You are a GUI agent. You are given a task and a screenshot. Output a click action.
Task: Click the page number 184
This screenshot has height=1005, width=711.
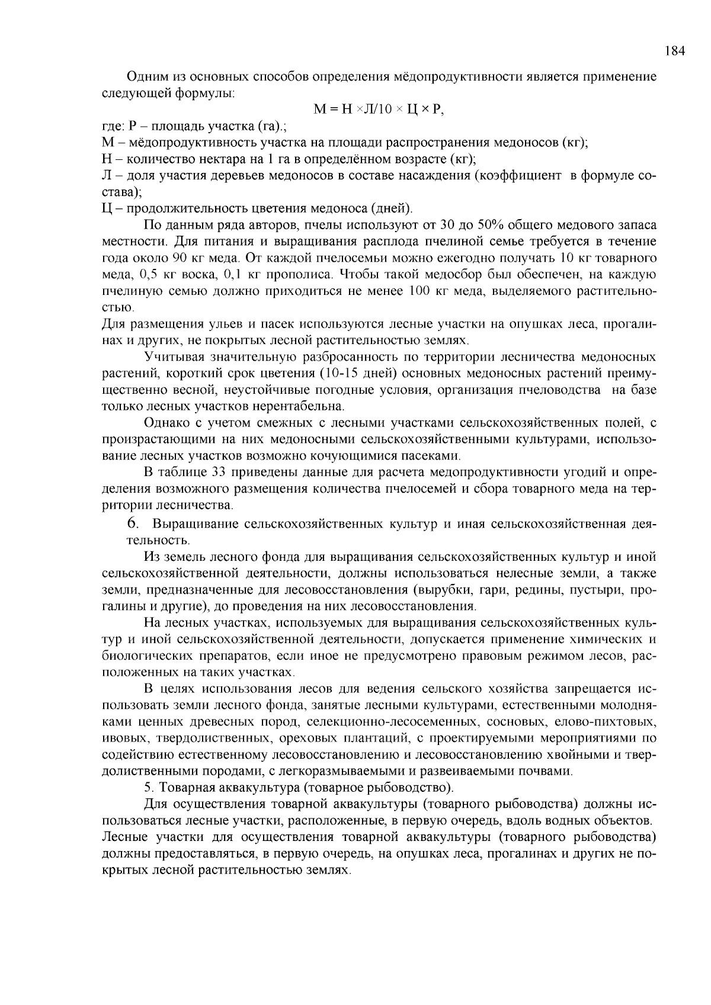tap(674, 52)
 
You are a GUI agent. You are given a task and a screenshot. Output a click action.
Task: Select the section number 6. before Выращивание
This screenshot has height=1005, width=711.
tap(133, 524)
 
